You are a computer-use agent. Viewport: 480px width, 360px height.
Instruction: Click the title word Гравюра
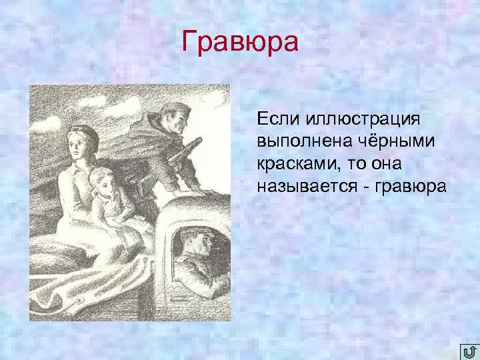[241, 43]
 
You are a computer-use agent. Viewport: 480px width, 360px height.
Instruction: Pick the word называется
[305, 186]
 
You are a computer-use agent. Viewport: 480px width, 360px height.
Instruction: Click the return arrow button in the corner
[469, 351]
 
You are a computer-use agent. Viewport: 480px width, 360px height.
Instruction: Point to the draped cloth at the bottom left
[73, 293]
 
